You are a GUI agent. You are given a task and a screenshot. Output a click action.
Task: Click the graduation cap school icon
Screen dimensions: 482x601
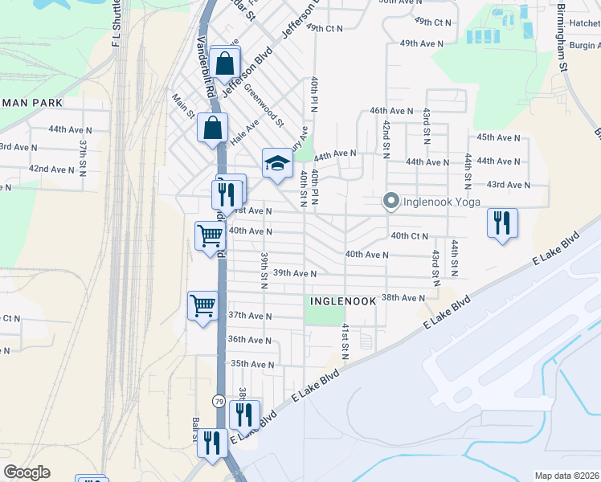pos(276,163)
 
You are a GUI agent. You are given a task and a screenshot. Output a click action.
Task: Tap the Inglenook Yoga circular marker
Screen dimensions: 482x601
pos(391,201)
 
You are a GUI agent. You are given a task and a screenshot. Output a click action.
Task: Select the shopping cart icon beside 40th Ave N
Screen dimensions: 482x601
pos(209,236)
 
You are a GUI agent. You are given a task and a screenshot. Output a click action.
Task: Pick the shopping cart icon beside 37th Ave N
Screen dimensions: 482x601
pos(202,304)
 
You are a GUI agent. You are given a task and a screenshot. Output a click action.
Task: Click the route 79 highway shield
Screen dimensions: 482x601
pos(219,400)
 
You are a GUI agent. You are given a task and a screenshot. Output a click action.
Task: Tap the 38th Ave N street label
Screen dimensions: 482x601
pos(403,297)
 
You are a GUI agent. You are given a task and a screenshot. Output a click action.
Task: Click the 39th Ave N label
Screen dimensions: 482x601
pos(294,273)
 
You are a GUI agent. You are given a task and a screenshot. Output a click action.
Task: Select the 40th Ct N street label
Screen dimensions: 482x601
pos(410,235)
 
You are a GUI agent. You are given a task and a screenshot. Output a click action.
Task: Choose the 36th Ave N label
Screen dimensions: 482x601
pos(250,340)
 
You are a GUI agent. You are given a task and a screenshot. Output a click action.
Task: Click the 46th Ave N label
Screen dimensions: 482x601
pos(391,110)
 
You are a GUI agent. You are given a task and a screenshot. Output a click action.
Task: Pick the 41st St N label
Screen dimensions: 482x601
pos(343,341)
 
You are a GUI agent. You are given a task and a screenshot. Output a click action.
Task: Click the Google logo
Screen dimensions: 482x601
pos(26,472)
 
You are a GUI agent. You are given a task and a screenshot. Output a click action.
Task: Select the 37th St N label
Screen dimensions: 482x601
pos(83,157)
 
